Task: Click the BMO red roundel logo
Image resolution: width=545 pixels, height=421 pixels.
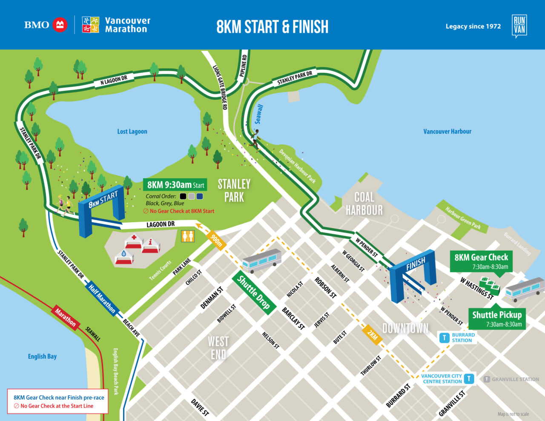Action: click(60, 25)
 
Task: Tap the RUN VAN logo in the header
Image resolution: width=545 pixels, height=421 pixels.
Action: click(519, 26)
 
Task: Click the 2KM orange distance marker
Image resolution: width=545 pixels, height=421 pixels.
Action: click(372, 335)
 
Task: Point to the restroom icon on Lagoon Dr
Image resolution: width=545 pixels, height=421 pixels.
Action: click(188, 236)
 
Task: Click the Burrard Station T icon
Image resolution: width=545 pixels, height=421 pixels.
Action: click(445, 338)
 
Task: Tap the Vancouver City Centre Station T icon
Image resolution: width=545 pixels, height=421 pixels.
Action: click(469, 378)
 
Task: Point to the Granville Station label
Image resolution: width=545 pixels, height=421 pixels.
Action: click(511, 379)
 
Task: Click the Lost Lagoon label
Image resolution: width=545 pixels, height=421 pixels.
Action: click(132, 132)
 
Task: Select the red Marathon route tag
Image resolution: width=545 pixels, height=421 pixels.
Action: click(65, 318)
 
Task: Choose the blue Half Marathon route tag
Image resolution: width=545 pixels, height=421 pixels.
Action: click(101, 298)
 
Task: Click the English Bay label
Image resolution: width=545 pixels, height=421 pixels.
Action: click(42, 356)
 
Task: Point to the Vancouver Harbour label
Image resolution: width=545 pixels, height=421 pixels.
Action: click(447, 132)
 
